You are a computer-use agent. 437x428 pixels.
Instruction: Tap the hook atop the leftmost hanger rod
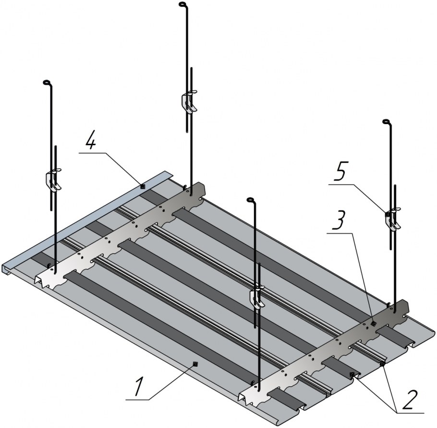[47, 83]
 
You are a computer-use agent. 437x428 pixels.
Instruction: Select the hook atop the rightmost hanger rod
[387, 123]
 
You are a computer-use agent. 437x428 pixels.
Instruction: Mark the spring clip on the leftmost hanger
[54, 180]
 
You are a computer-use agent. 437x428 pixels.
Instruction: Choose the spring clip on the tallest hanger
[189, 103]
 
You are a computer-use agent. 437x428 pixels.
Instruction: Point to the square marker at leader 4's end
[142, 186]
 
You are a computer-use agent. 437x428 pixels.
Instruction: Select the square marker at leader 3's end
[374, 324]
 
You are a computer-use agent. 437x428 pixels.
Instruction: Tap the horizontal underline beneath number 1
[144, 399]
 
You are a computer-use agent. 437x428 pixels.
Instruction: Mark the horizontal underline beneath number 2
[409, 412]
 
